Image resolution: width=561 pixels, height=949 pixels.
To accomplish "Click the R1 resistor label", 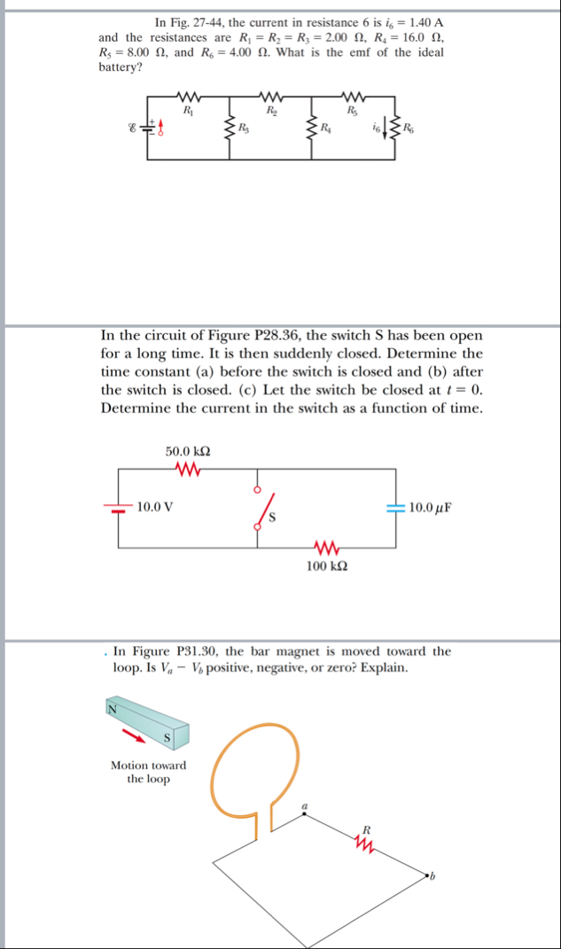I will (x=187, y=110).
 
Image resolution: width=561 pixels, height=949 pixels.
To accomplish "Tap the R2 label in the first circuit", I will (x=270, y=110).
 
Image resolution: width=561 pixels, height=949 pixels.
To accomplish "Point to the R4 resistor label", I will (x=327, y=131).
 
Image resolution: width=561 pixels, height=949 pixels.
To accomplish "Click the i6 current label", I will (x=378, y=130).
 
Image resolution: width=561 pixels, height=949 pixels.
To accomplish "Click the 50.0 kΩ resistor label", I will (x=188, y=452).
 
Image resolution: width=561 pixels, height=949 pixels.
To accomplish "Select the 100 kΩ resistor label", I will (x=326, y=565).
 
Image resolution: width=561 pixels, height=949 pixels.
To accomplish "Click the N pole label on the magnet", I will (x=113, y=708).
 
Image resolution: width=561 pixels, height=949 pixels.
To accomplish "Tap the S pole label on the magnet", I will (x=166, y=737).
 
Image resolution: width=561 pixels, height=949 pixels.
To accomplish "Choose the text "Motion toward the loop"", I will (x=148, y=772).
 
